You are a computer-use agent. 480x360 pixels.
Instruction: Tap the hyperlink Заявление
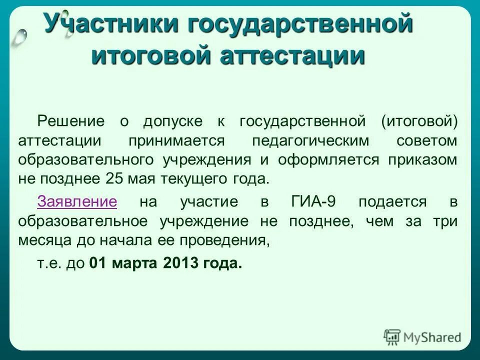tap(77, 202)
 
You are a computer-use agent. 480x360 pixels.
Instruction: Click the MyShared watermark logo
tap(423, 336)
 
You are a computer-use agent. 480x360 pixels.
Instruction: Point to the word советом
tap(426, 140)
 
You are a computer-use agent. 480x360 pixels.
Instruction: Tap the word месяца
tap(41, 241)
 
